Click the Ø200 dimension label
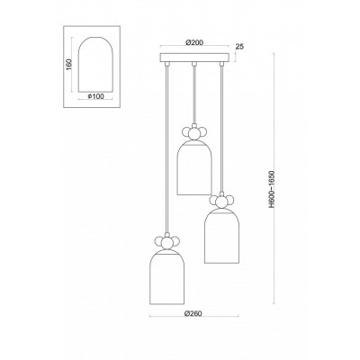[194, 42]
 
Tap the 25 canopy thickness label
[239, 47]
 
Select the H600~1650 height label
[272, 189]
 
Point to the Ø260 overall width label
[193, 313]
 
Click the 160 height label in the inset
[68, 64]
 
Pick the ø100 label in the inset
[95, 96]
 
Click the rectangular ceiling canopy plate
[194, 58]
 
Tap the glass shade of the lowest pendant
[166, 277]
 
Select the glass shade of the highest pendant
[194, 168]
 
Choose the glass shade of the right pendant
[221, 236]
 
